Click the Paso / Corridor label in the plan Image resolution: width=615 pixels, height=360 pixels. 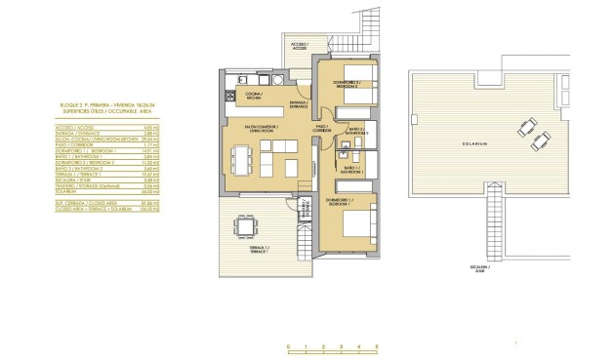[321, 128]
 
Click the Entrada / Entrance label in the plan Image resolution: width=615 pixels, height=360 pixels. [300, 104]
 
